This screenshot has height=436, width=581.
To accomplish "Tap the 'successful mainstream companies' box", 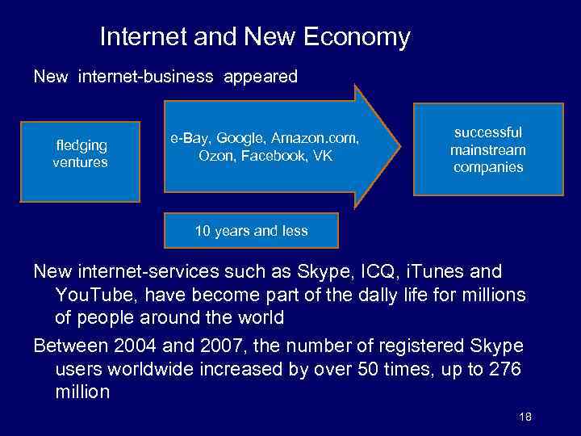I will (487, 149).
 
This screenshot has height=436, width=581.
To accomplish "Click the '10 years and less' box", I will (251, 231).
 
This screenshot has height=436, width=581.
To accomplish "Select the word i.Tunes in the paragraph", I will (429, 271).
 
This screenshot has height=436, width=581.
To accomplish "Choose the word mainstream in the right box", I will (487, 150).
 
